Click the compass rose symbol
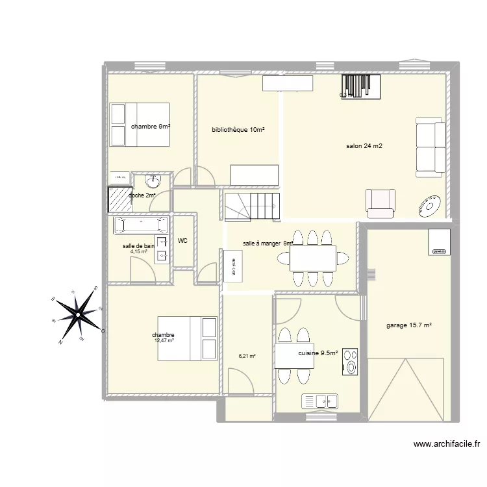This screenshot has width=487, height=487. click(x=77, y=315)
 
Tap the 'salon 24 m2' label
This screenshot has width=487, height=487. click(x=364, y=146)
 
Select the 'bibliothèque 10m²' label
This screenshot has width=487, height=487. click(x=238, y=130)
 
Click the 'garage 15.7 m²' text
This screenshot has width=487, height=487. click(x=409, y=325)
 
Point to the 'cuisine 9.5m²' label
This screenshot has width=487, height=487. click(x=318, y=353)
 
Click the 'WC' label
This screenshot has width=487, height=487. click(x=183, y=241)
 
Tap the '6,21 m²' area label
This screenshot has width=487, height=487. click(x=247, y=356)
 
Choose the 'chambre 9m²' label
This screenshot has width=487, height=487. click(x=150, y=127)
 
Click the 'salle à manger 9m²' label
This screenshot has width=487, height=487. click(x=268, y=243)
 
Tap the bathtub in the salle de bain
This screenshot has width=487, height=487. click(x=142, y=225)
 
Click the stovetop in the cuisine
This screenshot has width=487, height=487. click(x=351, y=362)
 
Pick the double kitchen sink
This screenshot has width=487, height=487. click(x=320, y=401)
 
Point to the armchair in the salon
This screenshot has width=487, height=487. click(x=381, y=202)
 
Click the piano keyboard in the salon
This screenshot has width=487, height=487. click(x=361, y=85)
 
